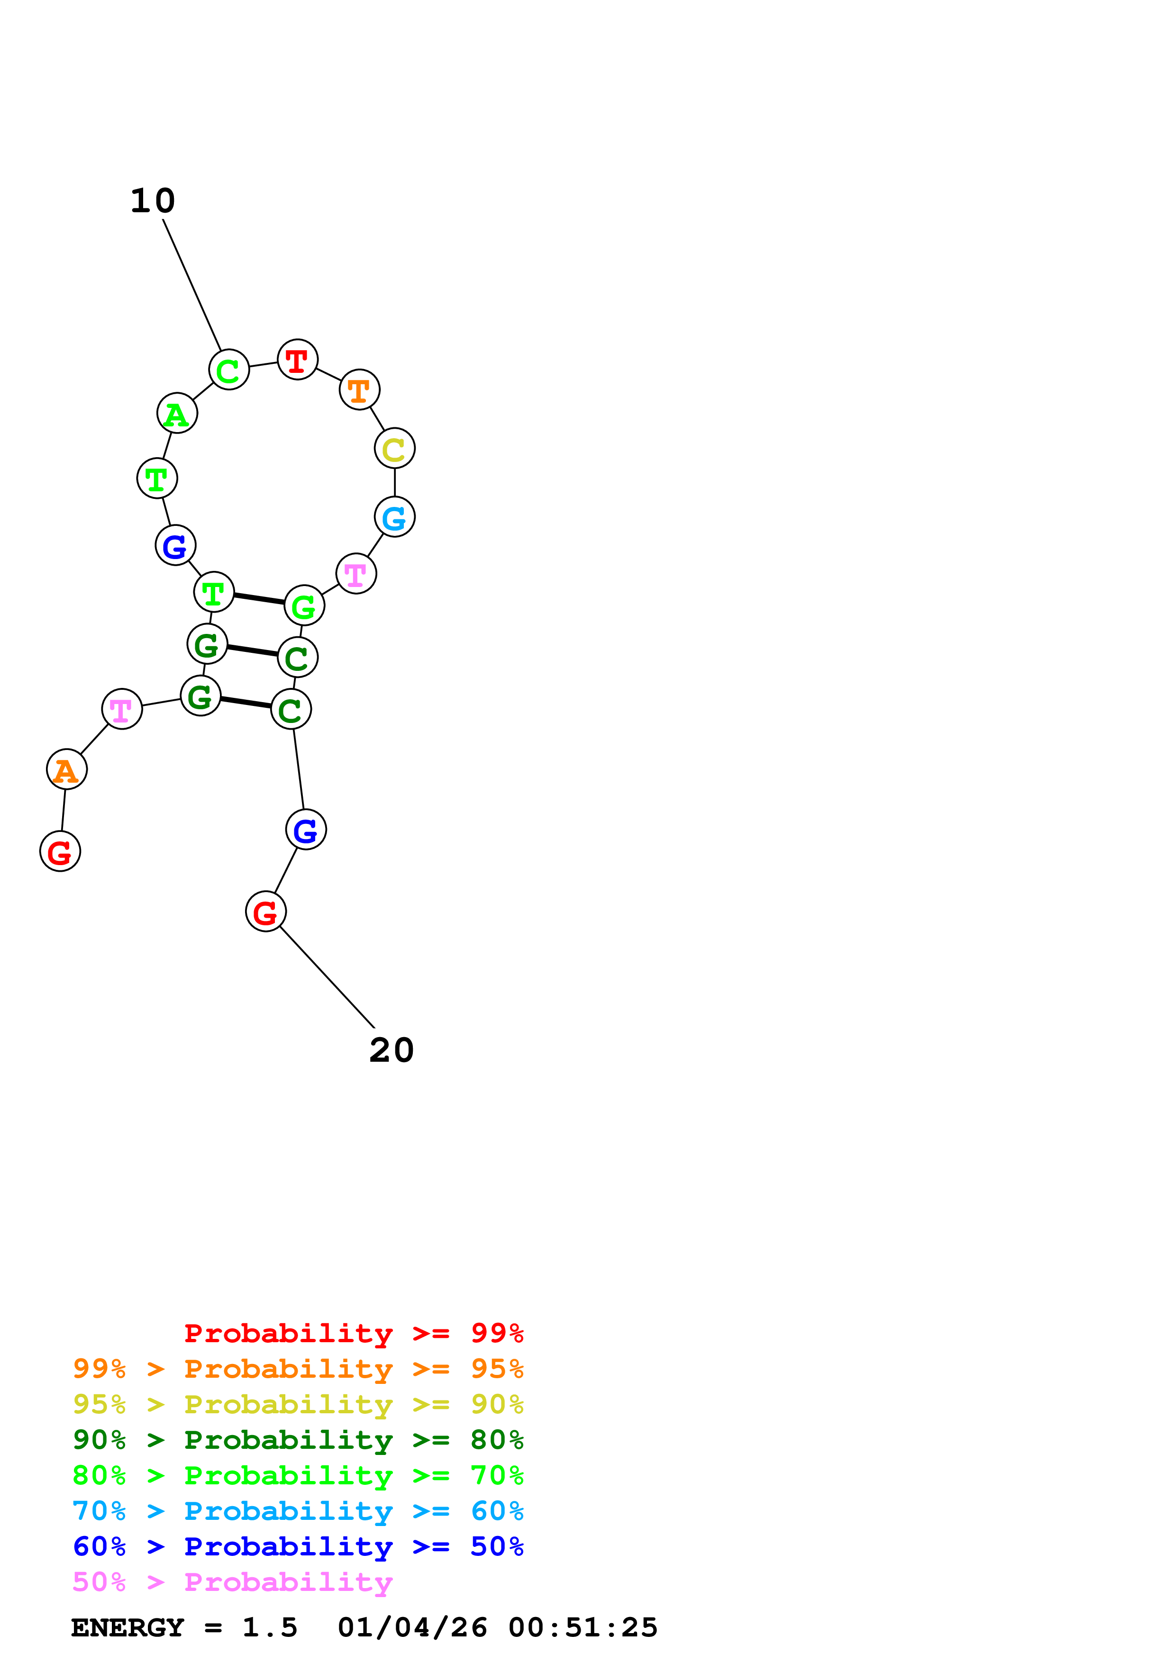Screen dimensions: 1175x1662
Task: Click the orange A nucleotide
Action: pos(67,769)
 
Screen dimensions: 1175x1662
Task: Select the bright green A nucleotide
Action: pos(177,413)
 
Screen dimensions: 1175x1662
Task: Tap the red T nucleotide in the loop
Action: pos(298,359)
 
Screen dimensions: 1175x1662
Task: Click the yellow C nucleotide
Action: pos(394,448)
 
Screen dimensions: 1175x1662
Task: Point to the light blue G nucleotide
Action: pos(394,517)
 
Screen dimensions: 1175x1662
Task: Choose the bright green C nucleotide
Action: pos(229,370)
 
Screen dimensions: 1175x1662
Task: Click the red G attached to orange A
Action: pos(60,851)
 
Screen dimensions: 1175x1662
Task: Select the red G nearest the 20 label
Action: pos(266,912)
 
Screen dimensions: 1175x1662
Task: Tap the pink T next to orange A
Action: pos(122,709)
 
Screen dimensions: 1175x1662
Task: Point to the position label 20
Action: pos(392,1050)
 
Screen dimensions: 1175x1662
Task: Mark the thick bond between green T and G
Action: pos(258,599)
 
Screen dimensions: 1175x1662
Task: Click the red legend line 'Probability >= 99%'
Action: pos(354,1333)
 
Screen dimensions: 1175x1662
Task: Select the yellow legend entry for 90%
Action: pos(298,1404)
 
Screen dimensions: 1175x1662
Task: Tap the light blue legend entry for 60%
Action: pos(298,1511)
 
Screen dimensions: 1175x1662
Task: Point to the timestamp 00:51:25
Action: pos(583,1627)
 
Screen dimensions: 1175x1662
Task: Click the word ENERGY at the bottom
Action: pos(128,1627)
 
